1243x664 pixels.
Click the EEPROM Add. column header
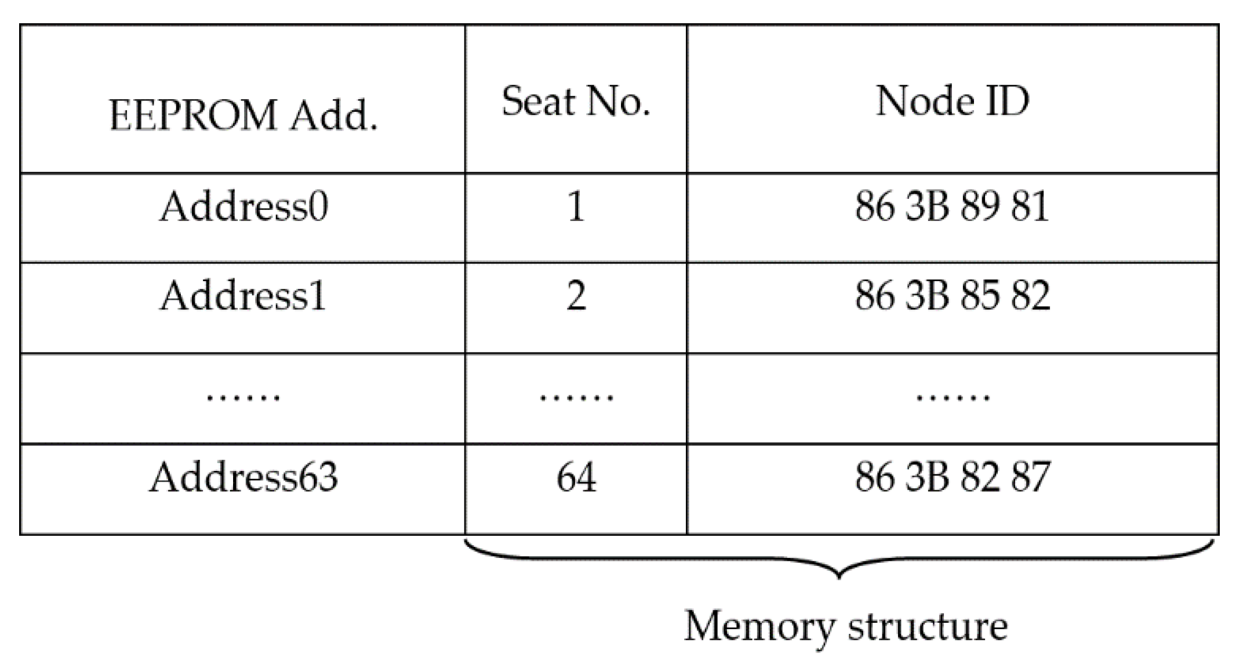click(x=243, y=115)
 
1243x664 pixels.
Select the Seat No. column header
click(x=576, y=101)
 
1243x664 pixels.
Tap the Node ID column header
click(x=952, y=101)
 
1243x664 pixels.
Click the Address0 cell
click(x=243, y=206)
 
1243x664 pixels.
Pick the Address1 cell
click(x=243, y=296)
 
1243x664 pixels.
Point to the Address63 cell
click(x=243, y=477)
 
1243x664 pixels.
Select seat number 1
click(x=576, y=206)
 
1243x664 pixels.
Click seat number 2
click(x=576, y=296)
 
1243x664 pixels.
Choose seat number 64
click(x=576, y=477)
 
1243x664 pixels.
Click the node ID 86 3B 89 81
click(x=952, y=206)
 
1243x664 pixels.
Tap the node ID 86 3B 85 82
click(x=952, y=296)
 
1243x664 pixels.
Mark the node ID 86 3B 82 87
click(x=952, y=477)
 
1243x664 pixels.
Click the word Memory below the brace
click(x=759, y=626)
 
